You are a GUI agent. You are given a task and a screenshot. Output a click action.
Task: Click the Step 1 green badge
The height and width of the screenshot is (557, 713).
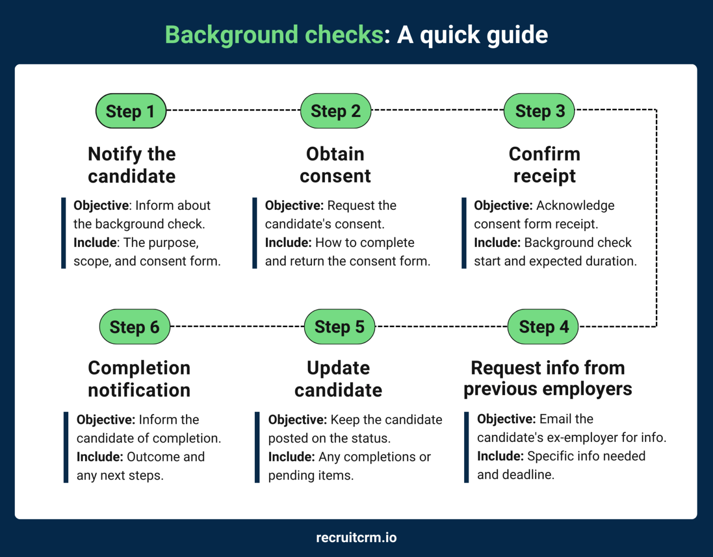[x=130, y=111]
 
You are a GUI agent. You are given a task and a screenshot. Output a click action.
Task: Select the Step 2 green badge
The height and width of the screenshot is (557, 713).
[x=336, y=111]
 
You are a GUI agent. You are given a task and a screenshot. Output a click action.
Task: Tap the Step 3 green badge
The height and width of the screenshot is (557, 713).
[x=539, y=111]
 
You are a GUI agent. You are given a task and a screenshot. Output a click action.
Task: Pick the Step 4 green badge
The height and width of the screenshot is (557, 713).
[x=543, y=327]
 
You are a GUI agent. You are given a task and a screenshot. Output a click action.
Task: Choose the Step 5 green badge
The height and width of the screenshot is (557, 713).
[x=339, y=327]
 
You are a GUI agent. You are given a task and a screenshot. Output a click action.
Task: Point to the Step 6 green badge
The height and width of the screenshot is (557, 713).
[x=135, y=327]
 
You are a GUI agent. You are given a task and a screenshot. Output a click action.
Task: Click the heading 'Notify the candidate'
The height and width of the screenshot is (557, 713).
[x=132, y=165]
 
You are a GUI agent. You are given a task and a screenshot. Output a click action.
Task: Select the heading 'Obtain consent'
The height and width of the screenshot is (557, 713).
[x=335, y=165]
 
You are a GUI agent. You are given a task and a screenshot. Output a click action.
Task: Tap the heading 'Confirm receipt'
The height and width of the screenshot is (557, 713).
[x=544, y=165]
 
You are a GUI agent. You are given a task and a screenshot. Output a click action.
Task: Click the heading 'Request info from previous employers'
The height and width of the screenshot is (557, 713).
[x=548, y=378]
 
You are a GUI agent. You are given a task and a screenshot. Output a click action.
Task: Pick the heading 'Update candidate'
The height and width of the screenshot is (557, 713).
[x=338, y=379]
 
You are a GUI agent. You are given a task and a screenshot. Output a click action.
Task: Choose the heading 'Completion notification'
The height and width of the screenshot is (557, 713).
[x=139, y=379]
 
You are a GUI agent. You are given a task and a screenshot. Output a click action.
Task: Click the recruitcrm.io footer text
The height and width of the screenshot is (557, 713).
[x=356, y=538]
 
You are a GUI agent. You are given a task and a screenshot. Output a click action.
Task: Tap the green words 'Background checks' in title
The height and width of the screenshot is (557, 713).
[x=274, y=35]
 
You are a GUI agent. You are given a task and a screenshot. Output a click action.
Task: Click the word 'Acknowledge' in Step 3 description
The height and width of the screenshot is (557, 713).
[x=575, y=206]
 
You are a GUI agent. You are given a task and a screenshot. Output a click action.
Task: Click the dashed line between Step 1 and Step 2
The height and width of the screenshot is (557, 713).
[x=233, y=110]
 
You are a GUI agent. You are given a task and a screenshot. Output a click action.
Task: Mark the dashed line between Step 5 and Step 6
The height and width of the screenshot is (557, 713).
[x=237, y=326]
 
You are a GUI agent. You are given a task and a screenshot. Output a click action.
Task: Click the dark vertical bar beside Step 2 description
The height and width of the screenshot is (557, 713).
[x=254, y=233]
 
